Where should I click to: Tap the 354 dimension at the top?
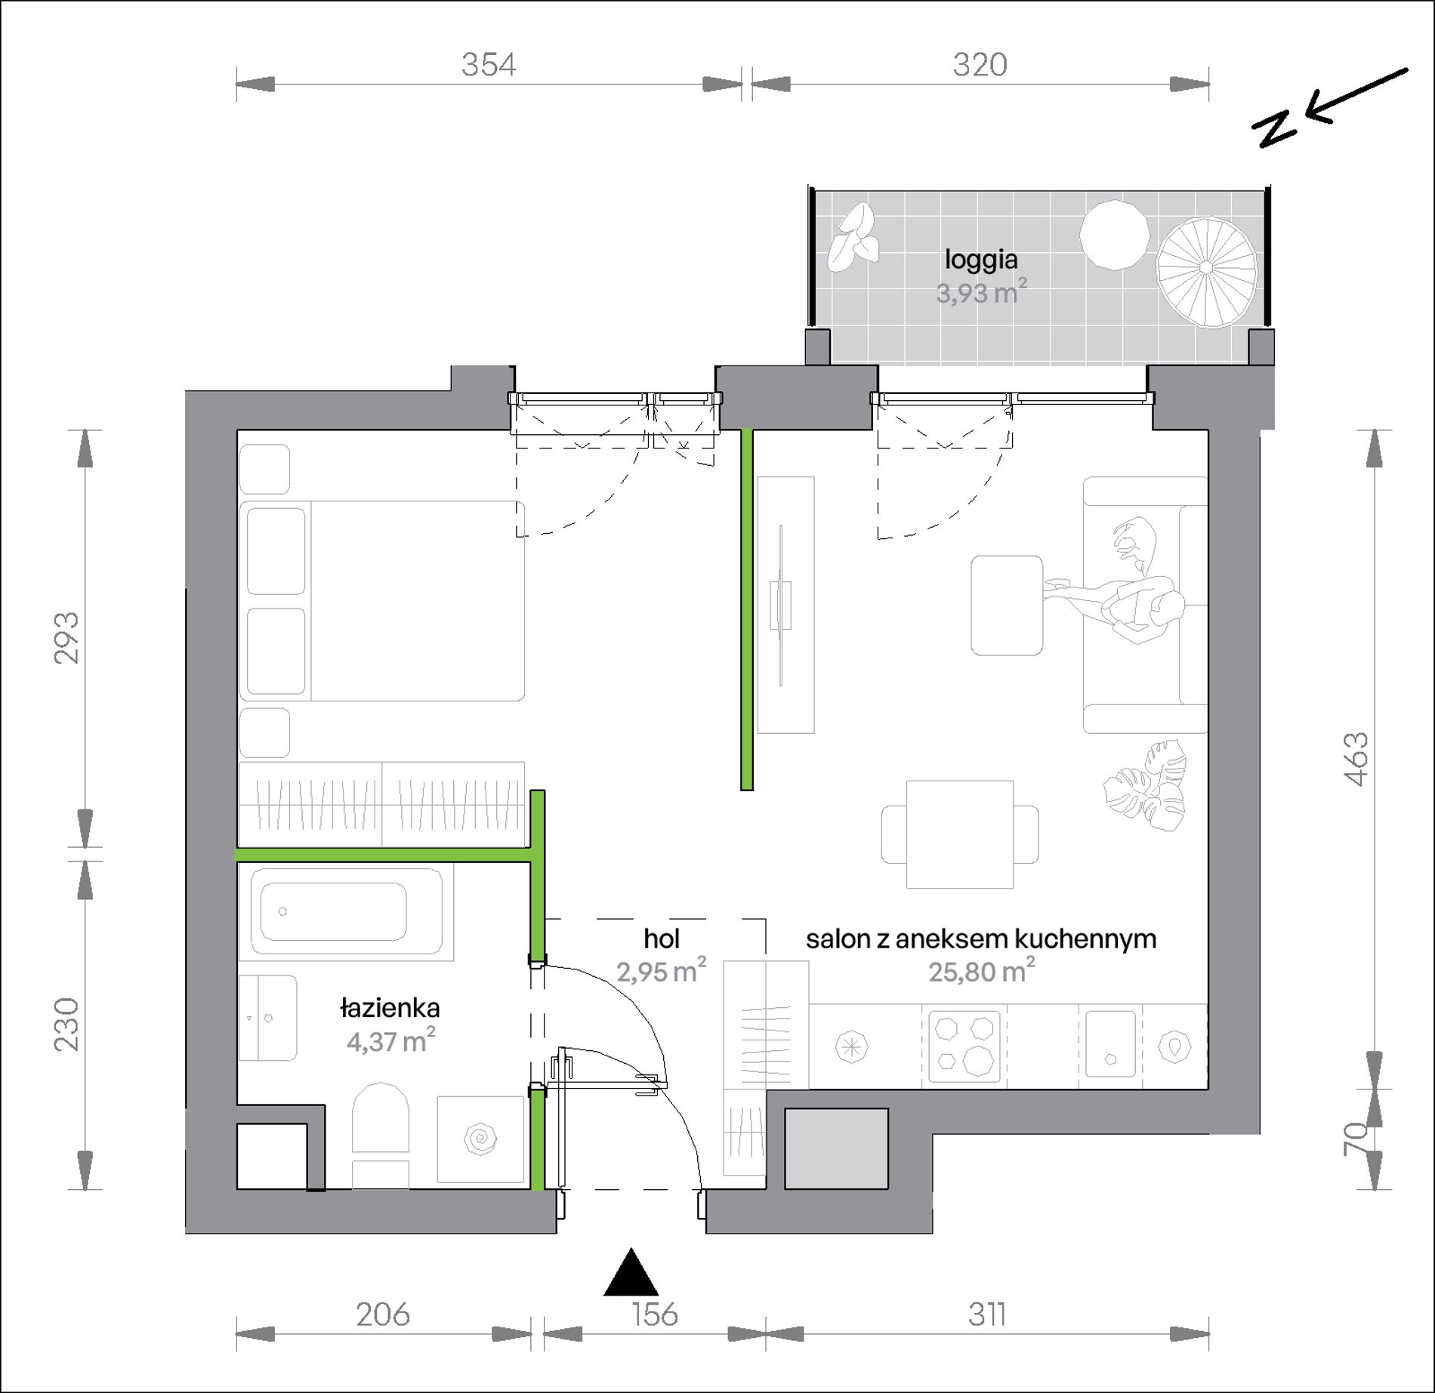point(489,65)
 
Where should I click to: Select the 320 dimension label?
point(980,65)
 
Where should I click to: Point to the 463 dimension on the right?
point(1356,759)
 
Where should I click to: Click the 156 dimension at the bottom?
point(655,1314)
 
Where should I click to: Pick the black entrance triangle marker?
point(631,1272)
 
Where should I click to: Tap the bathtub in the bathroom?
point(347,912)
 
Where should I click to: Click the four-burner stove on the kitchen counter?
point(964,1046)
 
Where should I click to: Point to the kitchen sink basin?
point(1110,1045)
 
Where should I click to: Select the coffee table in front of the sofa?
point(1007,606)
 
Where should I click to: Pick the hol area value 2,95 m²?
point(662,971)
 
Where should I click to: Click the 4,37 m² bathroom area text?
point(391,1041)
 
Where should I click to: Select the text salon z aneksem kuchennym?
point(981,938)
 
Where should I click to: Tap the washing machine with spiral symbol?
point(481,1139)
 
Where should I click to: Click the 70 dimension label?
point(1356,1139)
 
